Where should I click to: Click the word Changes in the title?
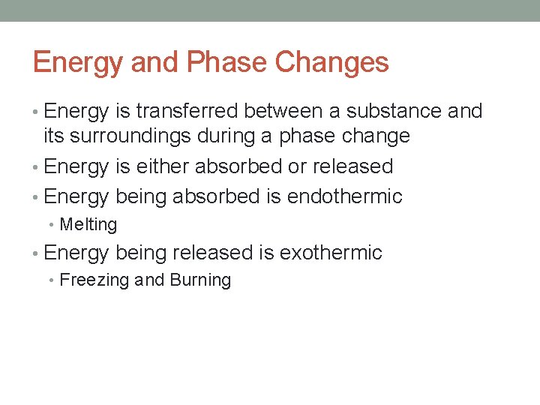[x=332, y=62]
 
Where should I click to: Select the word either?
[x=163, y=166]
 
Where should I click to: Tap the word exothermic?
[x=331, y=253]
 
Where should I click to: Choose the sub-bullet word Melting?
[x=88, y=225]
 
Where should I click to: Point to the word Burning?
[x=200, y=280]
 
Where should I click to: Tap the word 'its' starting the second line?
[x=53, y=136]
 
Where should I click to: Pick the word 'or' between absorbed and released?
[x=298, y=166]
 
